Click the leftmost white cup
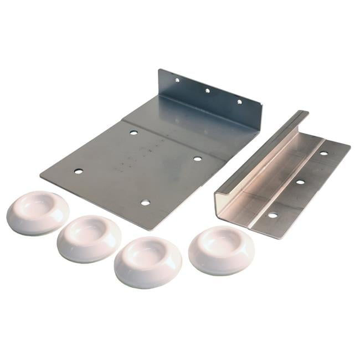point(38,213)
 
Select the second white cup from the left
point(89,238)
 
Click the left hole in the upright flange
point(177,80)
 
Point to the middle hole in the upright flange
point(207,90)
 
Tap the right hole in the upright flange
point(240,101)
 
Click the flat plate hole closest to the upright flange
point(133,133)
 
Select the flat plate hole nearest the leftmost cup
point(79,171)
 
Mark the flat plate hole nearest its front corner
point(145,203)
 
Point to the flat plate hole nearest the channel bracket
point(198,159)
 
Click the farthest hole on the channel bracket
point(324,153)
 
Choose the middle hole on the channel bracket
point(300,182)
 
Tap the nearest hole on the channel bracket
point(272,215)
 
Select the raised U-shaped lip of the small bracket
point(260,155)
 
